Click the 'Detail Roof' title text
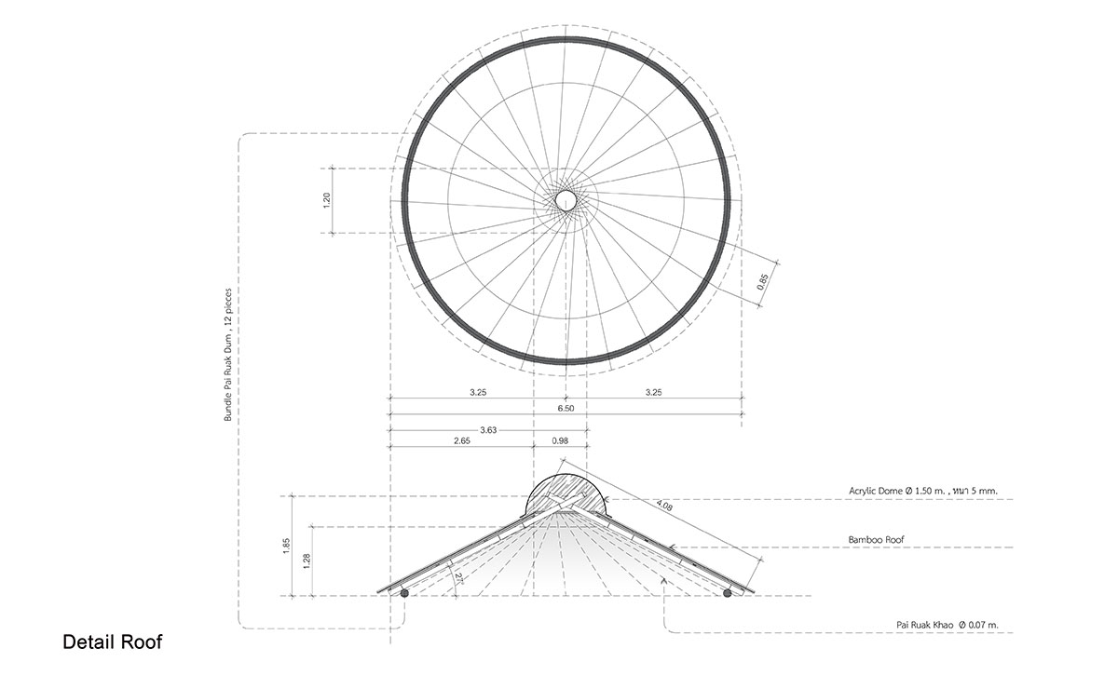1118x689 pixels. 113,642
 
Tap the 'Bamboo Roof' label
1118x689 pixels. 876,539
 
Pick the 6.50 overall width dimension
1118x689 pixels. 566,408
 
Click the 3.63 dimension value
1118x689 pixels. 488,430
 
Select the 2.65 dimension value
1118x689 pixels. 462,440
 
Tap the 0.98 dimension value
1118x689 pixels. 560,440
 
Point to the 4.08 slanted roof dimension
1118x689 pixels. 663,506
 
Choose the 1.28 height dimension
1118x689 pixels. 307,561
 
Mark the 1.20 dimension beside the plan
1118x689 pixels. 327,200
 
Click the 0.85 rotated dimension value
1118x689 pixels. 762,282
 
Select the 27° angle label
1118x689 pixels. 458,579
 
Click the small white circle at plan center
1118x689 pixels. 566,200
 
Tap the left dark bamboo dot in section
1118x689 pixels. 404,593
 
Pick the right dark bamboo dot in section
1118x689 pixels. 728,593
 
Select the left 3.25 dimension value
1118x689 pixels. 478,393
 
